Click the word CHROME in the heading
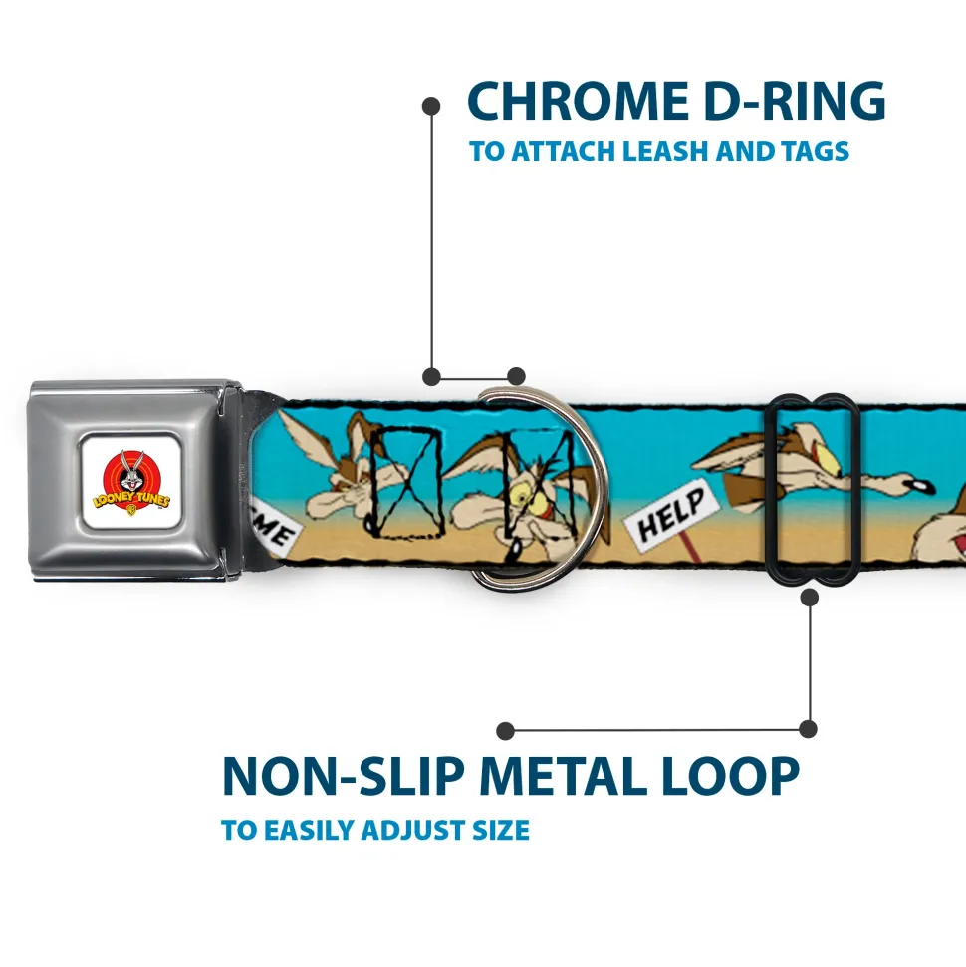point(578,101)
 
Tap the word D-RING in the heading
point(795,101)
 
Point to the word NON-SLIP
point(343,775)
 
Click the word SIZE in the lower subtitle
point(500,830)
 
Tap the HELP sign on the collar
point(672,511)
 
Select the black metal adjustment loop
point(811,488)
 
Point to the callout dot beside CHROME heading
point(431,106)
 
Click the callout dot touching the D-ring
point(516,376)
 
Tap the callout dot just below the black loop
point(809,597)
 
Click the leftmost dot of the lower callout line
point(505,731)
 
